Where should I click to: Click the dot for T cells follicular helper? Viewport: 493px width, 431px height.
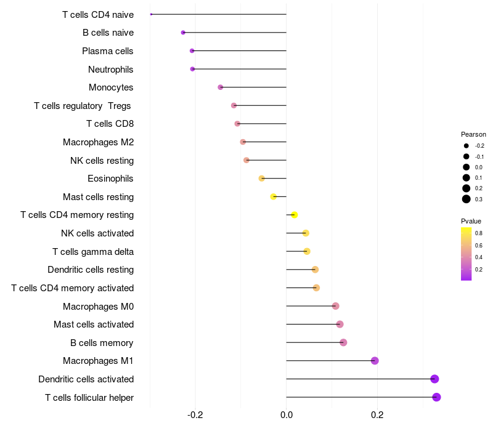pos(436,397)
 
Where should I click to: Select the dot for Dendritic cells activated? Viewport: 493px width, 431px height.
pos(434,379)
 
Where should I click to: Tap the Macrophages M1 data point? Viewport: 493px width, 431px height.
pos(375,361)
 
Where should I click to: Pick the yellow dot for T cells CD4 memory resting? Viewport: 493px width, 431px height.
pos(295,215)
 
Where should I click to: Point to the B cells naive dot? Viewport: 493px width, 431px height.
pos(183,33)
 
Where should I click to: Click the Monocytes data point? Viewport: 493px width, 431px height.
pos(221,87)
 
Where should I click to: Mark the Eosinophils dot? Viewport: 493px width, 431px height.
pos(262,179)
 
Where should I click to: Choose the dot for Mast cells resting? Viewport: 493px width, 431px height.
pos(274,197)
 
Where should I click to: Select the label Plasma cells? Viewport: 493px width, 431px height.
pos(108,51)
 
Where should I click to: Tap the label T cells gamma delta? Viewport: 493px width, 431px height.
pos(93,251)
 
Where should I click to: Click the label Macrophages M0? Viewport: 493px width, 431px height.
pos(98,306)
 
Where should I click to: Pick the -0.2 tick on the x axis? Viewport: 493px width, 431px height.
pos(195,415)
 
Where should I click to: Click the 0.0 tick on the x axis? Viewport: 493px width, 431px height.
pos(287,415)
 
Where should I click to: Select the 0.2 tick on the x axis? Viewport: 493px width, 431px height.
pos(377,415)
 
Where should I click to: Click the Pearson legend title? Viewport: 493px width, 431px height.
pos(473,134)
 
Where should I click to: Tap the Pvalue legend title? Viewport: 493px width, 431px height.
pos(471,221)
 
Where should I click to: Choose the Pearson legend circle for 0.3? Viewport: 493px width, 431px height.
pos(467,199)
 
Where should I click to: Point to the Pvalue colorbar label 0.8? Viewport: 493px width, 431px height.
pos(479,233)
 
